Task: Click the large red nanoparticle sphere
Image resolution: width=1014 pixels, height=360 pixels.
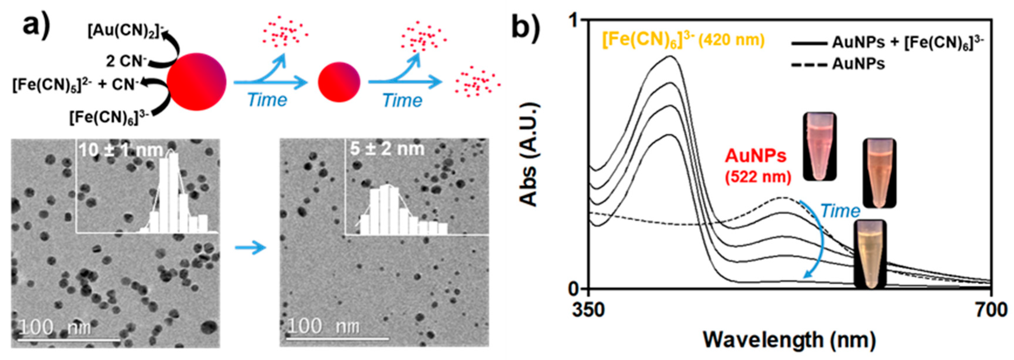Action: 196,81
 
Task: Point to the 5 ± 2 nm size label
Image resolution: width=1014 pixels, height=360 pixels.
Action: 387,149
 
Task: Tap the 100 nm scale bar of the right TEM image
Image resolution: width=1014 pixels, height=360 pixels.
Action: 337,337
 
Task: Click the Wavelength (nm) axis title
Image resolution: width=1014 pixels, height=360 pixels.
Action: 789,340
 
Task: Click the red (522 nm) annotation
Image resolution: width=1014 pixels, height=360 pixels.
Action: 758,178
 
